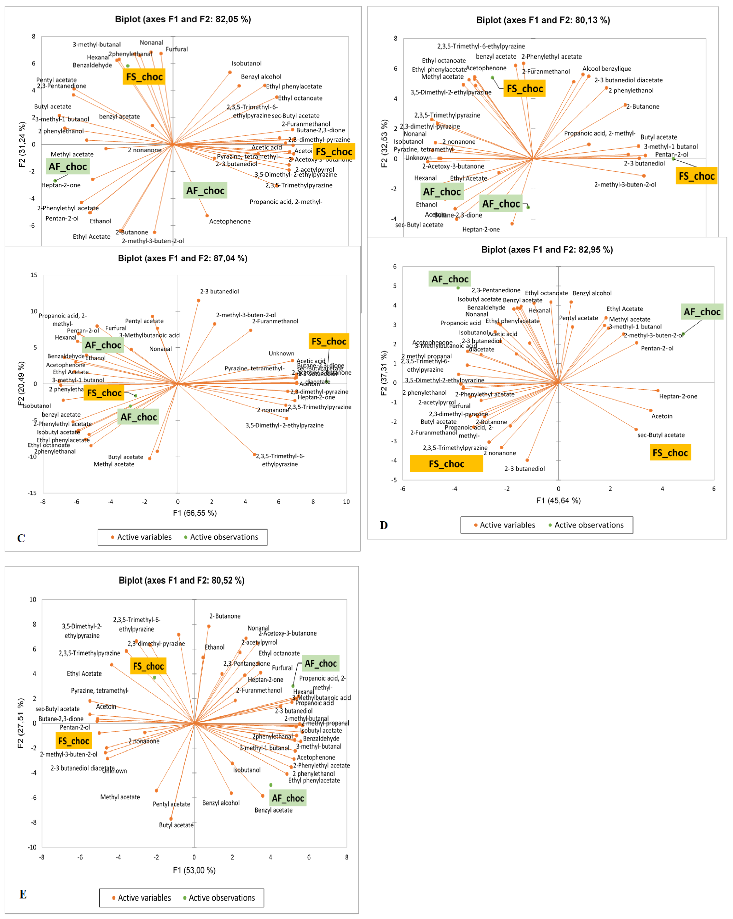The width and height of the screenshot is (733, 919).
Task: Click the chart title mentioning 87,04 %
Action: tap(183, 258)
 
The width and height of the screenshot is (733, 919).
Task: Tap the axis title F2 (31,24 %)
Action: tap(22, 145)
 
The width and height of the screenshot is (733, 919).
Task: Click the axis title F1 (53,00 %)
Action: tap(194, 870)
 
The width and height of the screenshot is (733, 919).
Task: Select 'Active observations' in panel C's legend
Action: tap(224, 537)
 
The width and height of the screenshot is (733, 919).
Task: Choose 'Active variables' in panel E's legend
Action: tap(144, 898)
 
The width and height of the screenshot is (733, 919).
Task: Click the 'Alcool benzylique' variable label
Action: tap(606, 69)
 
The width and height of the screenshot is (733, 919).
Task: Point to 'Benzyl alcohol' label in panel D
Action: tap(592, 293)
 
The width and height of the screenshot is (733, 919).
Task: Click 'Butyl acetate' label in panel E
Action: tap(176, 825)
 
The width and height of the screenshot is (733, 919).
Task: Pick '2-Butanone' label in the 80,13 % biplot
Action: tap(643, 106)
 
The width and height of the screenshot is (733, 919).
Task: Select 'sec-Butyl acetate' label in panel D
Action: tap(661, 435)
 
